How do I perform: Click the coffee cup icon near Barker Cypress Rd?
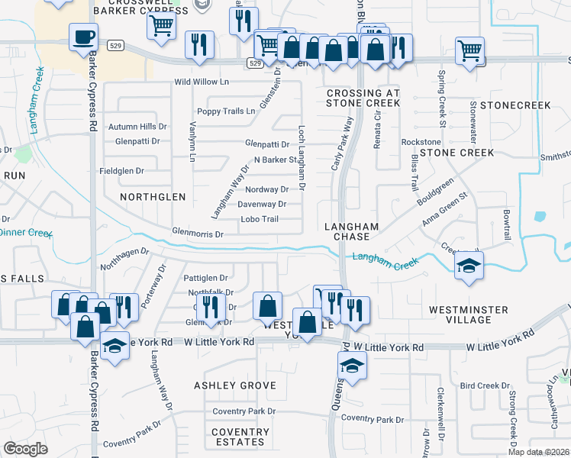[x=83, y=35]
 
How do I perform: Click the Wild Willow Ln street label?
[x=202, y=82]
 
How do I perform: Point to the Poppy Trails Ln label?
[x=226, y=111]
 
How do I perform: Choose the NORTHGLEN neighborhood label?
[x=153, y=197]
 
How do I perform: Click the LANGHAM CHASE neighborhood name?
[x=352, y=231]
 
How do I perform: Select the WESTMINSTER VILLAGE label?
[x=469, y=314]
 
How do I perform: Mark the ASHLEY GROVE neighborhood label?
[x=234, y=385]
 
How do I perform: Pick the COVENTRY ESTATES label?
[x=240, y=437]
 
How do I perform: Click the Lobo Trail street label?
[x=260, y=219]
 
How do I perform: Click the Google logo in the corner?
[x=25, y=449]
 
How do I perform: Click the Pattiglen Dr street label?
[x=206, y=279]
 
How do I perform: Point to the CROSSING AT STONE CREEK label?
[x=363, y=98]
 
